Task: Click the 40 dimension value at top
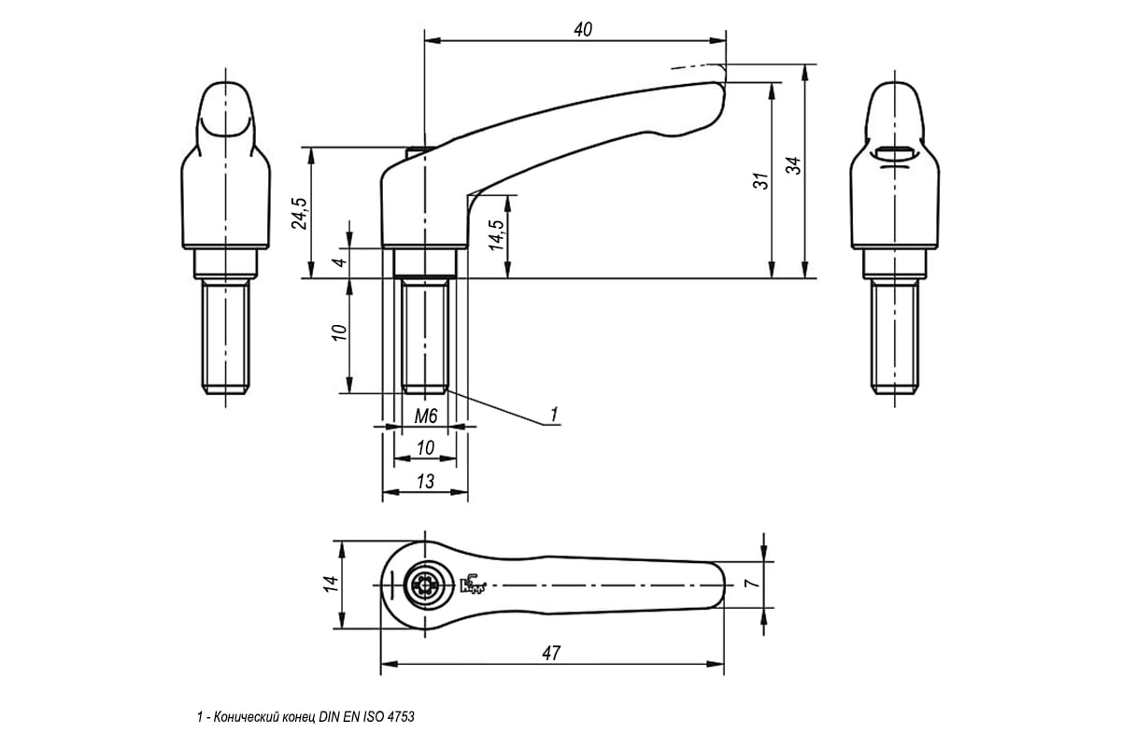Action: point(583,30)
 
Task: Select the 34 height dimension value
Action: point(793,165)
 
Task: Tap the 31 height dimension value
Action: point(760,180)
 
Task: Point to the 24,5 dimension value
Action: point(300,213)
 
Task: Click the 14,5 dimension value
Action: point(496,235)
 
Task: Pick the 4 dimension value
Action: point(340,262)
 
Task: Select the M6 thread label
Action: point(426,416)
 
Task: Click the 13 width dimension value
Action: point(425,481)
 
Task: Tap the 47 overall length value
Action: point(551,653)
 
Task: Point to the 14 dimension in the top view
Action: point(331,584)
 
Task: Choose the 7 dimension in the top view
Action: point(752,584)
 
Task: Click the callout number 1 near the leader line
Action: point(553,415)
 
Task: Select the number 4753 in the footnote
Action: point(401,717)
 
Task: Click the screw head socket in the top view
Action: point(425,585)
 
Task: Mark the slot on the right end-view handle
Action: point(895,151)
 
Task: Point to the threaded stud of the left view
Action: point(226,336)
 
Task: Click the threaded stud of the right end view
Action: point(895,336)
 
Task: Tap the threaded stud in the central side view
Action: point(425,335)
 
